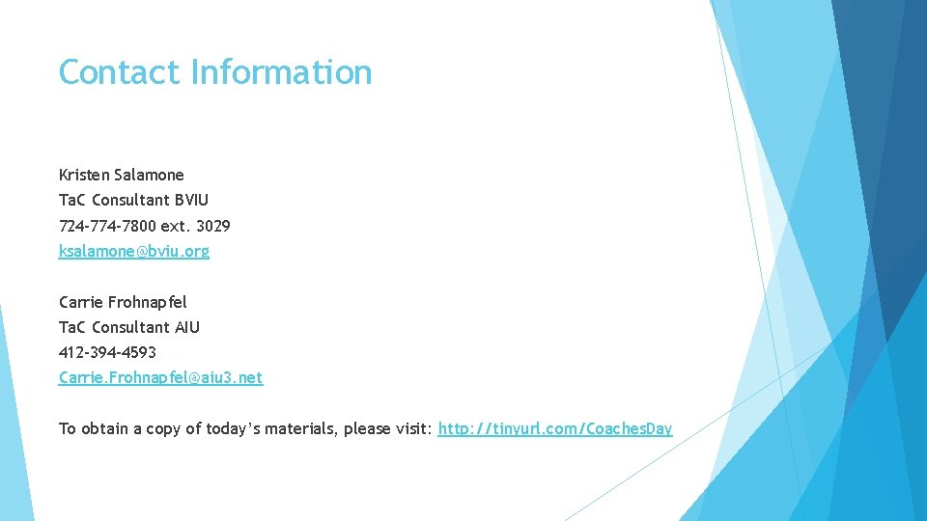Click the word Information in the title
click(281, 72)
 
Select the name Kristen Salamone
click(121, 175)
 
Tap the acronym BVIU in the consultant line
click(190, 200)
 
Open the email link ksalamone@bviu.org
click(133, 251)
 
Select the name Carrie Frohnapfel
click(123, 302)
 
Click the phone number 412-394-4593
click(107, 352)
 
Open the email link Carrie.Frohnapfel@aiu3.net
click(160, 377)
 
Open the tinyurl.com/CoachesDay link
click(554, 428)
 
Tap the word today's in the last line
click(230, 428)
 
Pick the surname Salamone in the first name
click(149, 175)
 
